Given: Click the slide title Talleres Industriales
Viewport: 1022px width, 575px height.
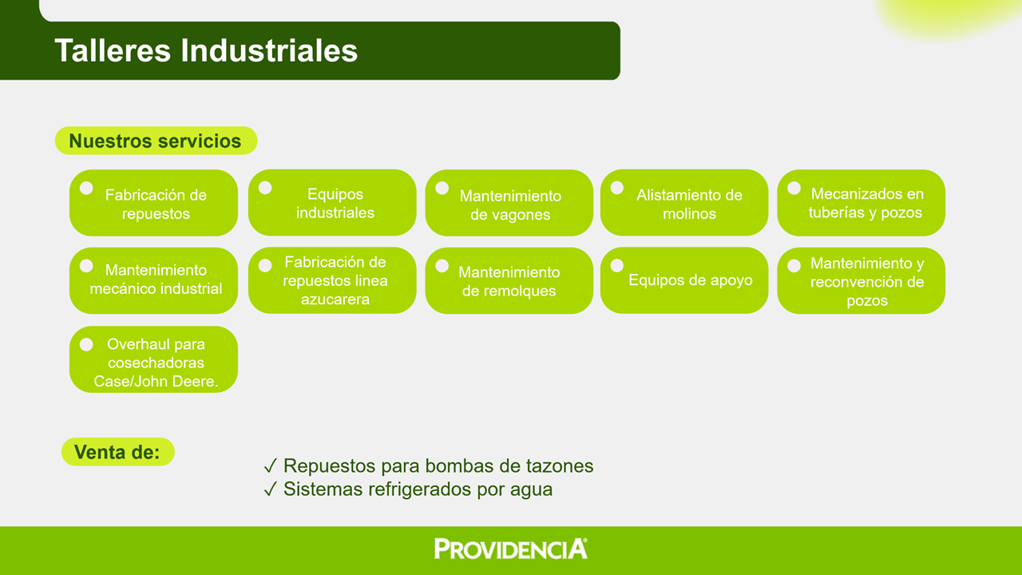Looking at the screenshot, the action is click(x=206, y=50).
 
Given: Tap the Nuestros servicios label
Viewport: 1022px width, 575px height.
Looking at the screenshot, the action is click(x=156, y=141).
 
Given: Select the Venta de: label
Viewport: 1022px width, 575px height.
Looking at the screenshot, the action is click(x=117, y=452).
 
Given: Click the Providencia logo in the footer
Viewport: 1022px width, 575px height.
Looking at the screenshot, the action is click(x=510, y=549).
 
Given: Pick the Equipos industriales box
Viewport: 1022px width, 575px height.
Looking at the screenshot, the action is click(x=332, y=203).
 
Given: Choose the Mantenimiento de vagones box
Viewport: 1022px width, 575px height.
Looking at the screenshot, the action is click(x=509, y=203).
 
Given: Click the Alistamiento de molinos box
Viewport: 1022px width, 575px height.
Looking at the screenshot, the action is click(x=684, y=203).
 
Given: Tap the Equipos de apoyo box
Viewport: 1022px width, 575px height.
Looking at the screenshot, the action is click(x=684, y=280).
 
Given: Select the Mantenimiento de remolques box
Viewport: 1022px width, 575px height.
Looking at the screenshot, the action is click(x=509, y=280).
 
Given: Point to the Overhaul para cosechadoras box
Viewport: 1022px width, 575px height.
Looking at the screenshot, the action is click(x=154, y=359).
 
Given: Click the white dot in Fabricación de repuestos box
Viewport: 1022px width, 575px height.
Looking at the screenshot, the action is click(x=86, y=188).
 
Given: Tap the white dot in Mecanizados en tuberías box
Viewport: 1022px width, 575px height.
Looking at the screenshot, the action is click(x=794, y=188).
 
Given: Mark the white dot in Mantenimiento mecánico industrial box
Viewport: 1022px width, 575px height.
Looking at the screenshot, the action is click(x=86, y=266).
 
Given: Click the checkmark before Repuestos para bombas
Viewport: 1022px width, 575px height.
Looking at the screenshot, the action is click(x=271, y=466).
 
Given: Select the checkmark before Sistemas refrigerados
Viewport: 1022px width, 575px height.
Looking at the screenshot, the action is click(x=271, y=490).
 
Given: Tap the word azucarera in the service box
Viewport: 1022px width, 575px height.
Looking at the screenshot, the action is click(x=335, y=299).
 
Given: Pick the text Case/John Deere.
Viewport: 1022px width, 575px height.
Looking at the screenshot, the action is click(x=156, y=381).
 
